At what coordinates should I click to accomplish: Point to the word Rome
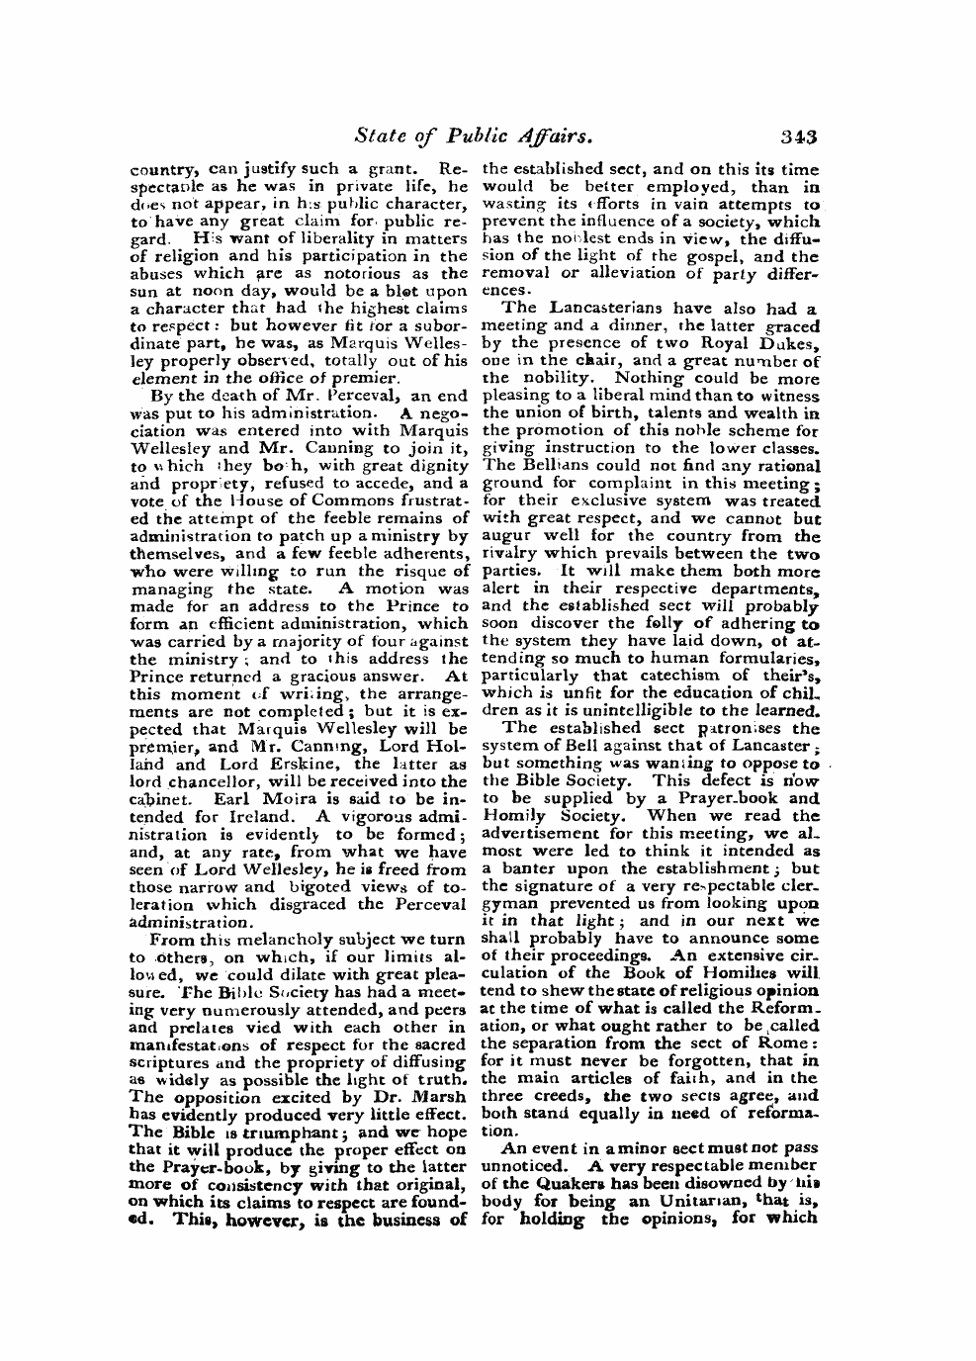pos(788,1043)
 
